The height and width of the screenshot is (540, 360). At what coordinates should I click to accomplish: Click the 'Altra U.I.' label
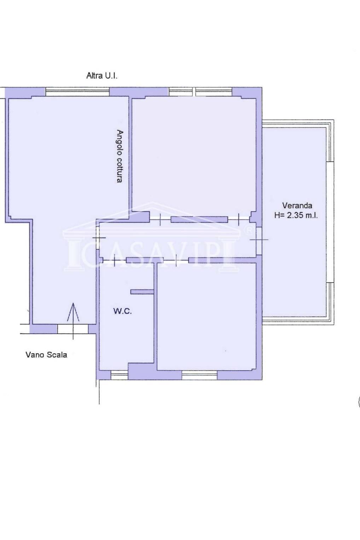(x=102, y=76)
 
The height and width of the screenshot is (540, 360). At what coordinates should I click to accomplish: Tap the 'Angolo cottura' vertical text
(x=120, y=156)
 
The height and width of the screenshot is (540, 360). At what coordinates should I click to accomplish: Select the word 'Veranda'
(x=297, y=205)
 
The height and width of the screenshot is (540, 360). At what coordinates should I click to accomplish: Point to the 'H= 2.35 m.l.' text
(x=296, y=215)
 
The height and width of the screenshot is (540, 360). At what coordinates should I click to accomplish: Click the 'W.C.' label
(x=122, y=311)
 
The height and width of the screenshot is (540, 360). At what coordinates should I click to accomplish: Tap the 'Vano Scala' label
(x=46, y=355)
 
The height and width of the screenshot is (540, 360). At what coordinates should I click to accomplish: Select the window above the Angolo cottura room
(x=78, y=92)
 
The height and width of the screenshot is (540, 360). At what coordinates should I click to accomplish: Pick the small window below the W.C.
(x=120, y=375)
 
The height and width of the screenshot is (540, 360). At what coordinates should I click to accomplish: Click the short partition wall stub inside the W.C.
(x=142, y=292)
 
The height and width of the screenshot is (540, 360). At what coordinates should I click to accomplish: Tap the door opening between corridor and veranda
(x=259, y=240)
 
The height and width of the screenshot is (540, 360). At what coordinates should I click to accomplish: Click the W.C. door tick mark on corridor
(x=115, y=260)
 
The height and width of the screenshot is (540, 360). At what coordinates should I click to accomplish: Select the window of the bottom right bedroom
(x=199, y=375)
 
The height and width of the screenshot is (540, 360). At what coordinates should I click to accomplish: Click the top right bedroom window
(x=200, y=92)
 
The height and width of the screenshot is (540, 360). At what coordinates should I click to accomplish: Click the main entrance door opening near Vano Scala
(x=73, y=329)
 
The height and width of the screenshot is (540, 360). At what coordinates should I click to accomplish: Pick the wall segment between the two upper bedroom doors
(x=199, y=219)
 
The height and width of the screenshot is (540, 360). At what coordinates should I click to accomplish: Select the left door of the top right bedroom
(x=160, y=219)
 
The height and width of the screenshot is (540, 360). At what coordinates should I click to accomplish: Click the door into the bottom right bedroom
(x=176, y=260)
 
